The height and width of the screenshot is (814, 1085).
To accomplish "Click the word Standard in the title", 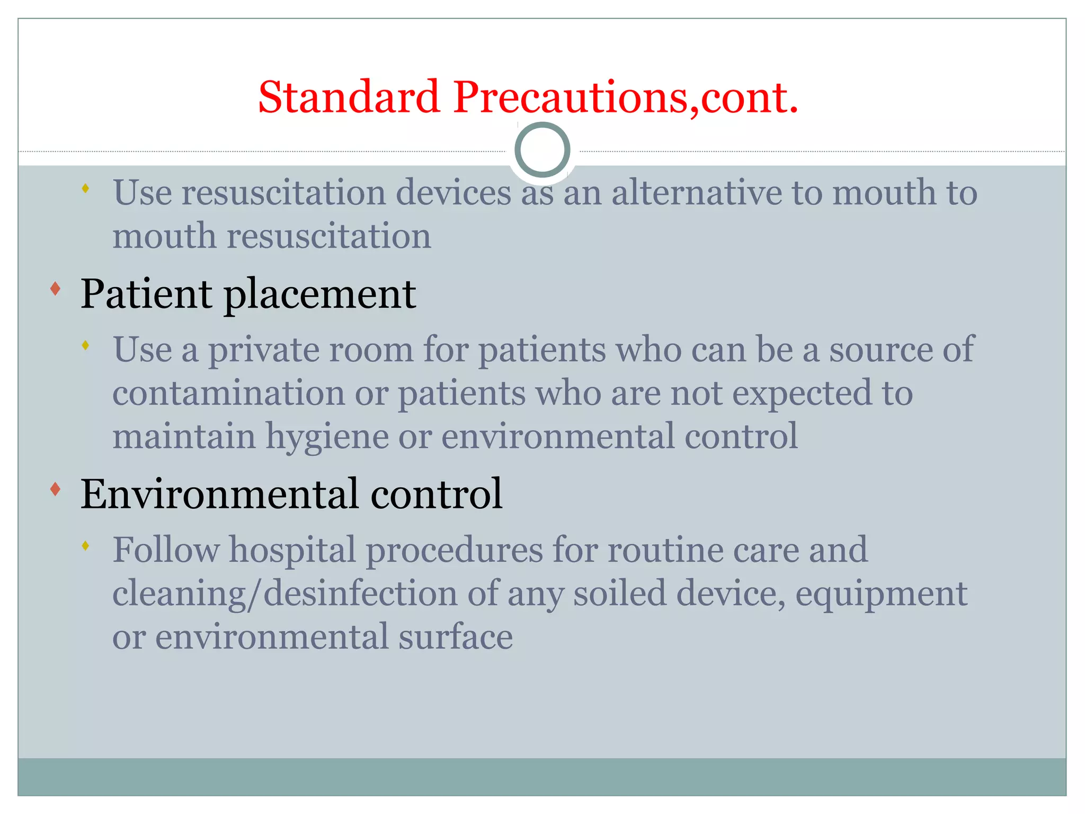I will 349,98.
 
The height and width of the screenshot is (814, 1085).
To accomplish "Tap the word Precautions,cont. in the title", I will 625,98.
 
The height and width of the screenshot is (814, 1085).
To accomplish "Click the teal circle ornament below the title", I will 542,150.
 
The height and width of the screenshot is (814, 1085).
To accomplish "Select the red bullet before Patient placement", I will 55,289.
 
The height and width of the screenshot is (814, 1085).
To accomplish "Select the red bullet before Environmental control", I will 55,489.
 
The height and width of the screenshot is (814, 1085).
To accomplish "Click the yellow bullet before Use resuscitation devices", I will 85,188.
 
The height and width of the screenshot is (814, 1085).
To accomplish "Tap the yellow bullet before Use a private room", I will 85,346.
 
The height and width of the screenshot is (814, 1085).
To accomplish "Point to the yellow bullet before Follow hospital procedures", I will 85,545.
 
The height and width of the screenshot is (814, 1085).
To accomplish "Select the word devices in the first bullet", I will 453,192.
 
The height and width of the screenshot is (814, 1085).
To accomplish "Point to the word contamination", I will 228,393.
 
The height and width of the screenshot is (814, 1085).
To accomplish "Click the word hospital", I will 292,550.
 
